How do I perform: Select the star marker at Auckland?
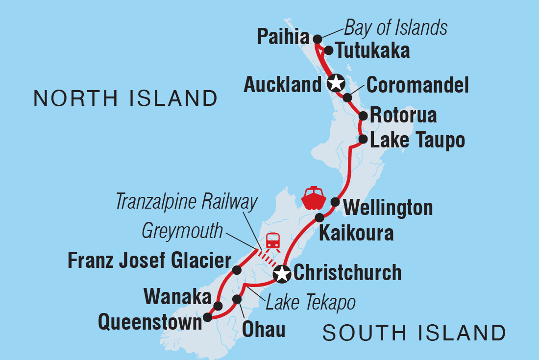[x=336, y=83]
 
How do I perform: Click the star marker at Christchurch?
[x=282, y=274]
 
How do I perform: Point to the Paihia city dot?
[x=317, y=39]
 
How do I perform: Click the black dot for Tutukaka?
[x=329, y=50]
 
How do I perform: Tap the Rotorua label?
[x=403, y=116]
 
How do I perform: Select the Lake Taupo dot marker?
[x=363, y=139]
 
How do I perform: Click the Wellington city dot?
[x=335, y=201]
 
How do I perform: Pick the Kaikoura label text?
[x=356, y=233]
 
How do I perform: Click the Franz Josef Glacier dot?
[x=237, y=270]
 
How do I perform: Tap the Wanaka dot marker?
[x=219, y=306]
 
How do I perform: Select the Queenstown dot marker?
[x=208, y=317]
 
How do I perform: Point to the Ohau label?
[x=264, y=329]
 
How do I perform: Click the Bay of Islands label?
[x=395, y=28]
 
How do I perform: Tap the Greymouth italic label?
[x=182, y=231]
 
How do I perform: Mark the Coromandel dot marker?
[x=347, y=97]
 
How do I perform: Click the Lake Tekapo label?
[x=310, y=303]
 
